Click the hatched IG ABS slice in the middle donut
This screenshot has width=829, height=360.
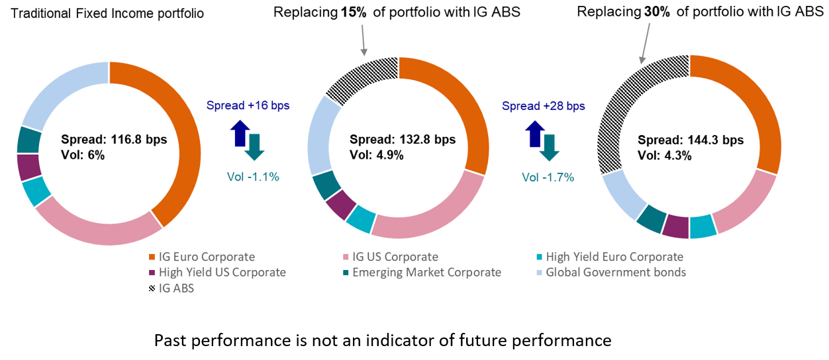[362, 79]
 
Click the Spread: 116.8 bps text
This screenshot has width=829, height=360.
[113, 140]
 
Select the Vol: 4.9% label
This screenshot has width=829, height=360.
[377, 155]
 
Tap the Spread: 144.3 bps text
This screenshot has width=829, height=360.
[691, 140]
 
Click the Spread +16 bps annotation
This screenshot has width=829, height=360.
[248, 105]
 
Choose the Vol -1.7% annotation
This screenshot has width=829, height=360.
[548, 177]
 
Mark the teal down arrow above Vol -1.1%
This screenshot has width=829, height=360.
[254, 146]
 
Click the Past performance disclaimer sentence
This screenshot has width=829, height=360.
[382, 340]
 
